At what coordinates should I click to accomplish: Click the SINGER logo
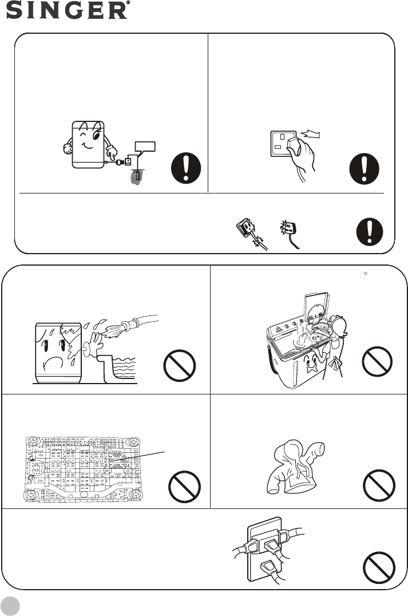coord(68,10)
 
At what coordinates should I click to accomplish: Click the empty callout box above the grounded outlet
coord(145,146)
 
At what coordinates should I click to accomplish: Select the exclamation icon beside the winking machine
coord(186,168)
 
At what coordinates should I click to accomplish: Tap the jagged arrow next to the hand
coord(310,135)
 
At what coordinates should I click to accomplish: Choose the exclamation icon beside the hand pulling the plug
coord(364,168)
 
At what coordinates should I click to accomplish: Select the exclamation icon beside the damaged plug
coord(370,232)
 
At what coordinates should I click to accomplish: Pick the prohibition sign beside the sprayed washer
coord(180,365)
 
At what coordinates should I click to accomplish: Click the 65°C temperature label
coord(317,337)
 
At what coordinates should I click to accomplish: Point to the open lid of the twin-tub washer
coord(315,306)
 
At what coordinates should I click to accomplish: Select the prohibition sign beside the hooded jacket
coord(379,485)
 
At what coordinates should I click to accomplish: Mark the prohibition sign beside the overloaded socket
coord(379,567)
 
